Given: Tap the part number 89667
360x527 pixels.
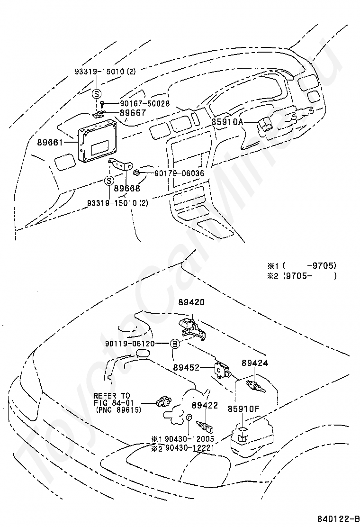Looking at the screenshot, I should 133,113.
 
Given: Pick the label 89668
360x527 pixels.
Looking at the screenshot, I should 126,188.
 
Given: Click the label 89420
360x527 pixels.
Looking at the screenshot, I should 192,302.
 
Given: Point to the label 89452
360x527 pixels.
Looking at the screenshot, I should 185,367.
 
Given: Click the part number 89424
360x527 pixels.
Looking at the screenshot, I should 254,363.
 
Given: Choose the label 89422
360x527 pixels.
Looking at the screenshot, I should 204,405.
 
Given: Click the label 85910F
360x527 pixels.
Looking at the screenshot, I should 242,407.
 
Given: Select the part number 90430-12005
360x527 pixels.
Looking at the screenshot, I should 189,439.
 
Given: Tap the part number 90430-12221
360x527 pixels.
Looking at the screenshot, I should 189,448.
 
